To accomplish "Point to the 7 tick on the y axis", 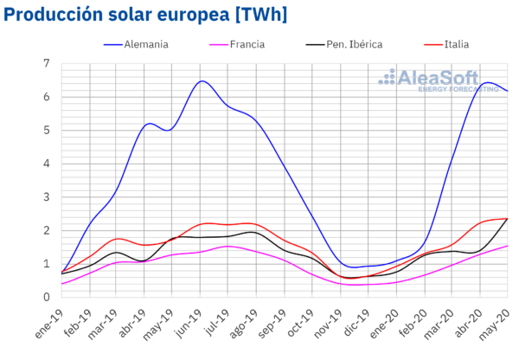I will tap(47, 63).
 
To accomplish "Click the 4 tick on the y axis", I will tap(47, 163).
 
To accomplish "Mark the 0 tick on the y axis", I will tap(47, 297).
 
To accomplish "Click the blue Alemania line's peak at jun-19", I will tap(201, 81).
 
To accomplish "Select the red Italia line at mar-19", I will tap(118, 238).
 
